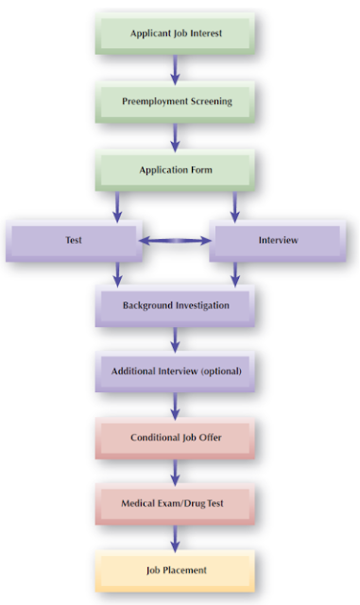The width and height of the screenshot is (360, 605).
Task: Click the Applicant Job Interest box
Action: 175,34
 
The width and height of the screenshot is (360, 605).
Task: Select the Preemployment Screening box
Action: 175,100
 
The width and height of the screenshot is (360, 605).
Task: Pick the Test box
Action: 73,240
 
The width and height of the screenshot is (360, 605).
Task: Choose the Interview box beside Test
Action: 278,240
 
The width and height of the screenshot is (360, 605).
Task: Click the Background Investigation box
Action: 175,306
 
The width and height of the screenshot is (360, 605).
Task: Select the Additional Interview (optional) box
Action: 175,372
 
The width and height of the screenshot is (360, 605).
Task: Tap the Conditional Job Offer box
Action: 175,438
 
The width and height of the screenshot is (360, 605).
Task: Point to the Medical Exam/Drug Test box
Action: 175,504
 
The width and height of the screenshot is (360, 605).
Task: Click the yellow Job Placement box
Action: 175,570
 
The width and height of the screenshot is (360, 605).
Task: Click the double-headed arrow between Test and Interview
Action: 175,241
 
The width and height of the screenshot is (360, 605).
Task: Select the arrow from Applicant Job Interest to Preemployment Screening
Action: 175,67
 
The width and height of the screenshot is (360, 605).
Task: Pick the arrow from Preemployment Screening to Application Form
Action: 175,135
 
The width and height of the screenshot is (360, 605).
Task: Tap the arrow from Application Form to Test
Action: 117,205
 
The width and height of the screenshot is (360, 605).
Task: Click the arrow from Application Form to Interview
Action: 234,205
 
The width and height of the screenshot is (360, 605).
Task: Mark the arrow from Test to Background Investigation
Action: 117,273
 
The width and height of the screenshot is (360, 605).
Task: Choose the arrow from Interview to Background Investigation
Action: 234,273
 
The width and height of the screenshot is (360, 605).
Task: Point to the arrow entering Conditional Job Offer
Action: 175,405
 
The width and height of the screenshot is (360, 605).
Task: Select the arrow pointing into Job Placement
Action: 175,537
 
